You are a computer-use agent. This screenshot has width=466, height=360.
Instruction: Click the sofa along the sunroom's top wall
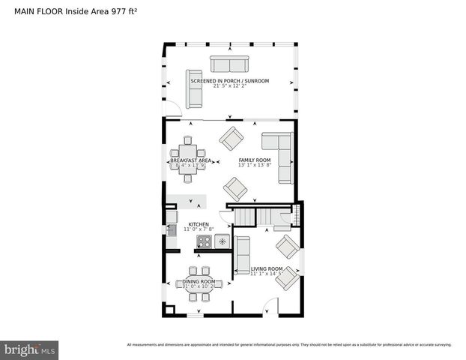[x=229, y=64]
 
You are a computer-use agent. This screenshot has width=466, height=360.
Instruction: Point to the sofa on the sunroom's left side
[x=195, y=89]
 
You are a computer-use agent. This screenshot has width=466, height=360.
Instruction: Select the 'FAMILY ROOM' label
[x=255, y=160]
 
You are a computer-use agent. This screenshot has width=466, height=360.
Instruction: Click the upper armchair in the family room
[x=232, y=138]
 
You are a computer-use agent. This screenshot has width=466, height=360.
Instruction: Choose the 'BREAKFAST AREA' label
[x=190, y=160]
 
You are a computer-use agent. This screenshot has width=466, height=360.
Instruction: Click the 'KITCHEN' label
[x=199, y=224]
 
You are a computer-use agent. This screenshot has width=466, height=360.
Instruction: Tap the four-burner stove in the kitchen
[x=204, y=241]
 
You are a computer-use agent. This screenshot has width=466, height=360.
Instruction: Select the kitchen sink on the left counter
[x=172, y=230]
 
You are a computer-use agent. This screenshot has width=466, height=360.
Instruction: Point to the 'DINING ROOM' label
[x=199, y=281]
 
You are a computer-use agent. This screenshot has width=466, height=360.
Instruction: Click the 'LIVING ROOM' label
[x=266, y=268]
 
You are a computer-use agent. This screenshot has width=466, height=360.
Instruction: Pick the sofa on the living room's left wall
[x=242, y=255]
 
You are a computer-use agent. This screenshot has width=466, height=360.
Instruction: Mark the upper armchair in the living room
[x=287, y=246]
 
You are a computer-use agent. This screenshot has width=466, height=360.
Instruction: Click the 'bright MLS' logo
[x=30, y=349]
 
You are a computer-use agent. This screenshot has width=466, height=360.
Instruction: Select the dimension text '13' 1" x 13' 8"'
[x=255, y=166]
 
